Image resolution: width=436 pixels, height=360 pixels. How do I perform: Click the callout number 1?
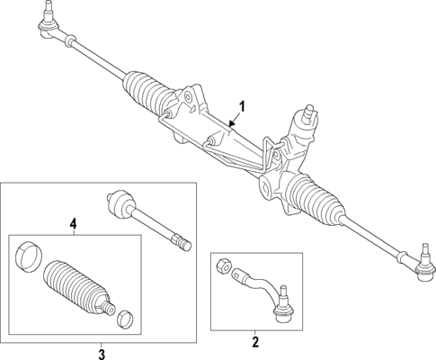(x=240, y=104)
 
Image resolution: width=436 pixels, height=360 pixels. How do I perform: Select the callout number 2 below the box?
(x=254, y=341)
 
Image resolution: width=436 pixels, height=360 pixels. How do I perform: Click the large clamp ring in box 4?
(x=30, y=256)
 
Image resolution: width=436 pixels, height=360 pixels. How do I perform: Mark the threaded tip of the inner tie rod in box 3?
(x=183, y=244)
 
